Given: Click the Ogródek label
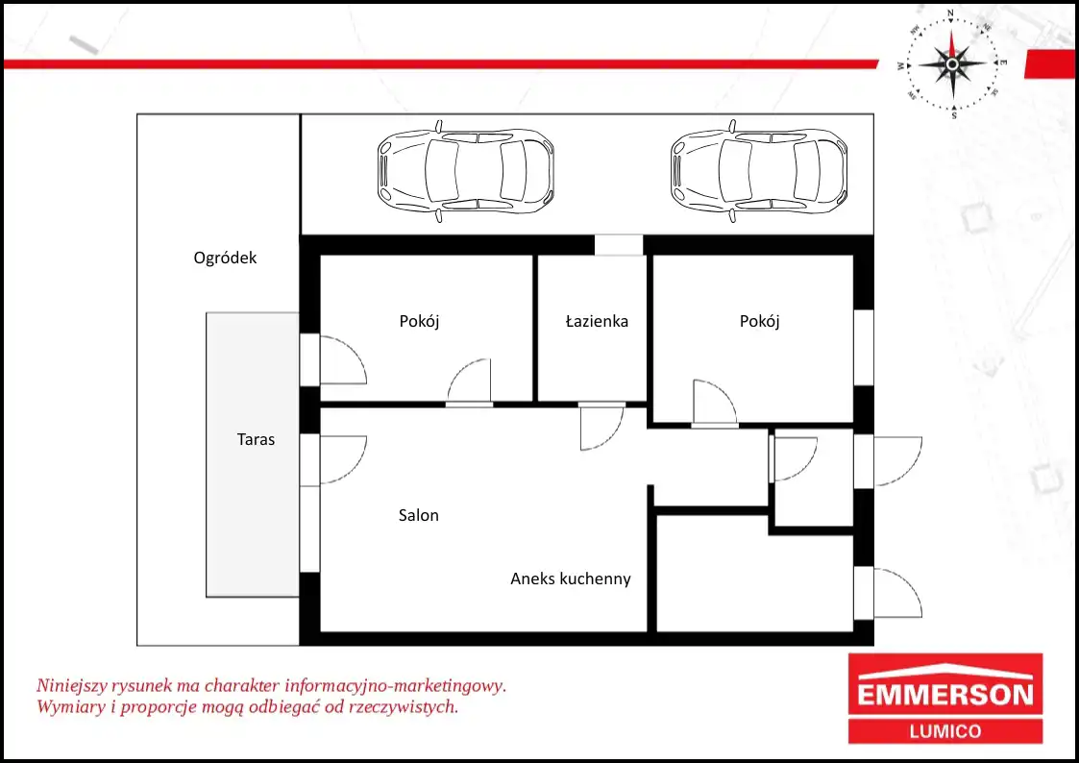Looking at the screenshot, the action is [225, 258].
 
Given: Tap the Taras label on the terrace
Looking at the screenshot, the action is [256, 439].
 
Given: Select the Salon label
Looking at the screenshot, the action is [418, 515].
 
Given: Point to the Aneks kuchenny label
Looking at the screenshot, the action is [571, 578].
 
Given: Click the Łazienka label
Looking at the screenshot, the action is [597, 321].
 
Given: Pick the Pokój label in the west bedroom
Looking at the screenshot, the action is [419, 321].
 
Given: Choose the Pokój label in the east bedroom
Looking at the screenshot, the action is [760, 321].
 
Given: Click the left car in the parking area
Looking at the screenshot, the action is [465, 171].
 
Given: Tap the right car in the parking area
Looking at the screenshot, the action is [758, 171].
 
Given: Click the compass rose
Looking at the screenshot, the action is [952, 64].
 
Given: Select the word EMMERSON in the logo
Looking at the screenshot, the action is [945, 694].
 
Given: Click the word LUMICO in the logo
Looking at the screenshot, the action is [945, 731].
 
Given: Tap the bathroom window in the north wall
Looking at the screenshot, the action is [619, 245].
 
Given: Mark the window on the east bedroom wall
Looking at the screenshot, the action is [864, 348].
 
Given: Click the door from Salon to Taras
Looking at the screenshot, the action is [343, 459].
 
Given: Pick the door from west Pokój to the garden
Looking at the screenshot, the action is [343, 359].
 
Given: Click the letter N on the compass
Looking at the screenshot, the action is [951, 13].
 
